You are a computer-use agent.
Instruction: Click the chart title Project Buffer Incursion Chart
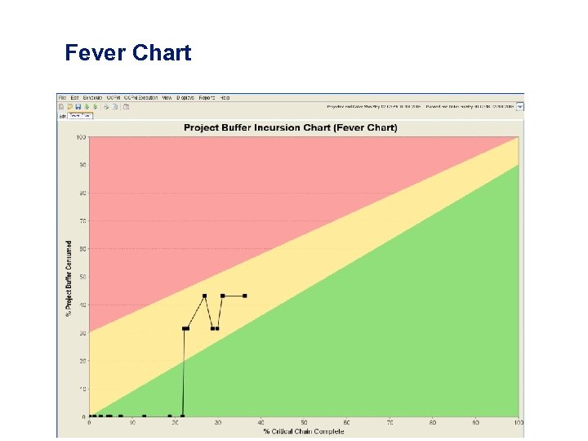(x=291, y=127)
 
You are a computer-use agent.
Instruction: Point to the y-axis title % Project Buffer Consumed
(x=69, y=278)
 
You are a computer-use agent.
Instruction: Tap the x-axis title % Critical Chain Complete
(x=303, y=431)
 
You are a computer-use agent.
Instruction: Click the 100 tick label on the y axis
(x=81, y=137)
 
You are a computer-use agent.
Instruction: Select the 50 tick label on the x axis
(x=304, y=422)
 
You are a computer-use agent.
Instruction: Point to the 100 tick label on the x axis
(x=518, y=422)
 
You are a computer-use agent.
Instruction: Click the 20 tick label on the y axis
(x=82, y=360)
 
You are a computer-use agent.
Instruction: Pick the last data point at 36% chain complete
(x=244, y=296)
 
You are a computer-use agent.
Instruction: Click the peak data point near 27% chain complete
(x=204, y=296)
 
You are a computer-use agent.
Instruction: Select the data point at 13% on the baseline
(x=145, y=416)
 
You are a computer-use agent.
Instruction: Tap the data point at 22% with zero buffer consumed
(x=183, y=416)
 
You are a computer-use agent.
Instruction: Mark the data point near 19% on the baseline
(x=170, y=416)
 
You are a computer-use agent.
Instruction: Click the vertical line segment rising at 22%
(x=184, y=376)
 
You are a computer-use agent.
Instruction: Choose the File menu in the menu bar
(x=62, y=97)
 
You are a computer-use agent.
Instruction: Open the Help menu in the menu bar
(x=225, y=97)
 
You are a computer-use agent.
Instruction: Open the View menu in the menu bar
(x=167, y=97)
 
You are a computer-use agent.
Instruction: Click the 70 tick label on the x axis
(x=390, y=422)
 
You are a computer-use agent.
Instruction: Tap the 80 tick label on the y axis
(x=82, y=193)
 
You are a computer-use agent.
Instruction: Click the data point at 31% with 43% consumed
(x=222, y=296)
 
